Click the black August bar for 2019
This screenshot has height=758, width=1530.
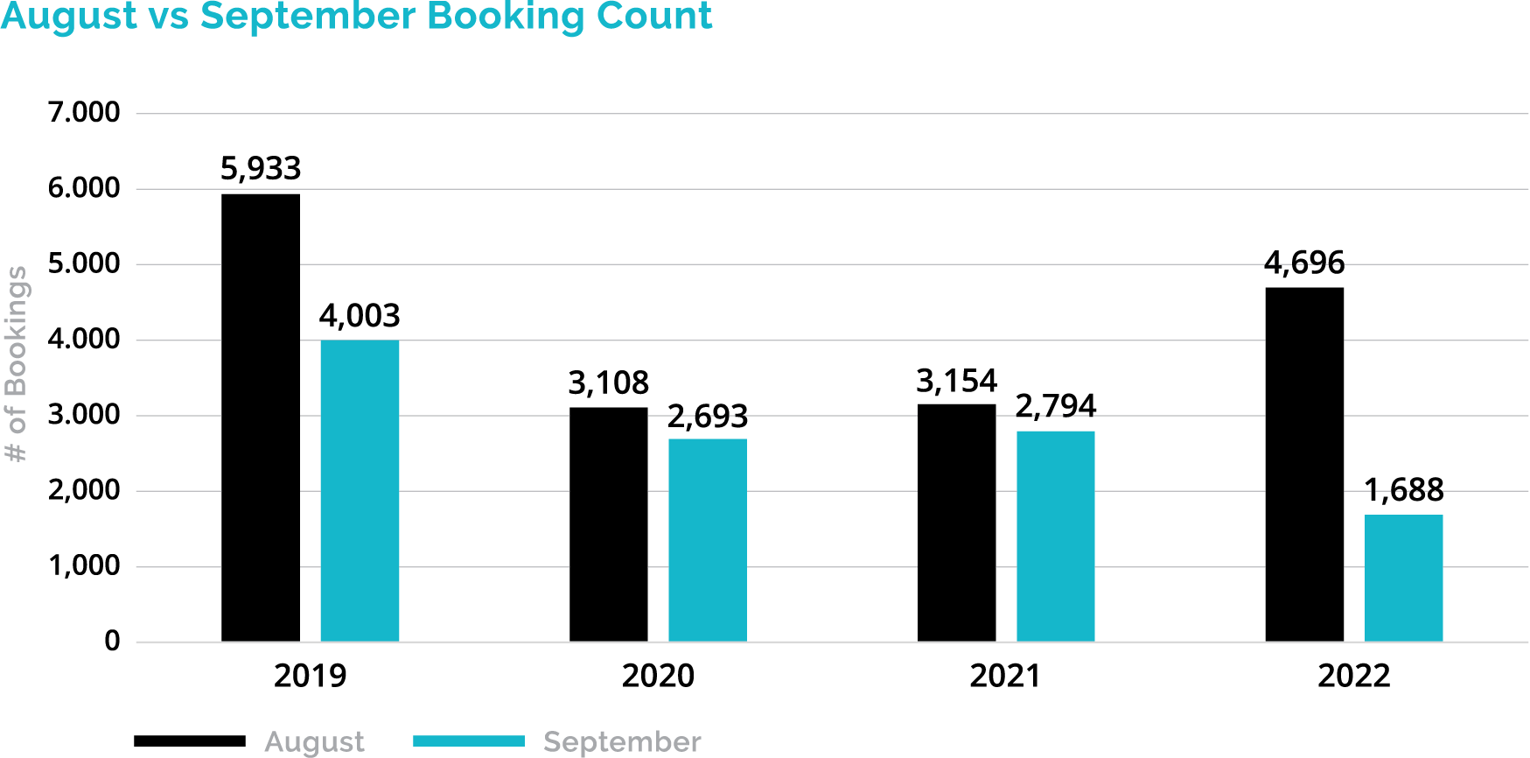pos(260,418)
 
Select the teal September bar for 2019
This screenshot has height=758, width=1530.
pos(360,490)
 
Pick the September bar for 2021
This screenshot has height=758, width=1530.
pos(1055,536)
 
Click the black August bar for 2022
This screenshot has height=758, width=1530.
pos(1303,464)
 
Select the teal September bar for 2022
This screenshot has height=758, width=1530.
pos(1403,578)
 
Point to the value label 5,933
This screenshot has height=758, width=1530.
pos(260,169)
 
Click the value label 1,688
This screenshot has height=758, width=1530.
pos(1403,490)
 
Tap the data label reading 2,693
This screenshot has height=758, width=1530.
pos(707,417)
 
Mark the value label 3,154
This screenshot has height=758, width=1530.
pos(955,382)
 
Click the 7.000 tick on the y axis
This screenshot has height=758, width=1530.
pos(84,113)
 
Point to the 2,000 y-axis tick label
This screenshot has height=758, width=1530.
pos(84,490)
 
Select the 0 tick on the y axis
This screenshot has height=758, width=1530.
pos(112,642)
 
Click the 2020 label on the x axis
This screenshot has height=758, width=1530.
pos(658,676)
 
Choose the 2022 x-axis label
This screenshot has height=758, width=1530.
pos(1353,676)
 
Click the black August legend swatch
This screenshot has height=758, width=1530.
pos(190,741)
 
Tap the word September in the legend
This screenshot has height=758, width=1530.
pos(622,742)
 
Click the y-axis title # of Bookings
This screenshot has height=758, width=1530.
pos(17,363)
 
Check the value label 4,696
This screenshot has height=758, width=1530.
pos(1303,263)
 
